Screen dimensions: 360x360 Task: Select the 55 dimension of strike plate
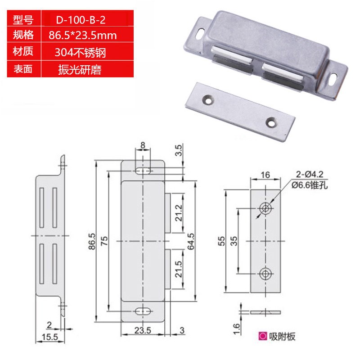221,242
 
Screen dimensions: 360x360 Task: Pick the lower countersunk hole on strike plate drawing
265,273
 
